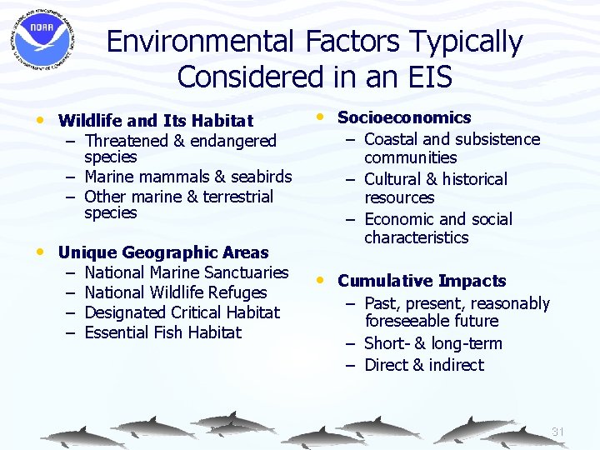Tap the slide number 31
coord(558,432)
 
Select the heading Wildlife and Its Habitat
coord(156,122)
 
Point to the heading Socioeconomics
coord(404,117)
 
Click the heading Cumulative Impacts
coord(422,281)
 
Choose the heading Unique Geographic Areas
coord(163,252)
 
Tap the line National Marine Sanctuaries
coord(187,272)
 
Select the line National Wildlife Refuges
coord(176,292)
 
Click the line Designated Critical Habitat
coord(182,312)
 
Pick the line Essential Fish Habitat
coord(163,332)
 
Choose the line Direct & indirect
coord(424,365)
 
